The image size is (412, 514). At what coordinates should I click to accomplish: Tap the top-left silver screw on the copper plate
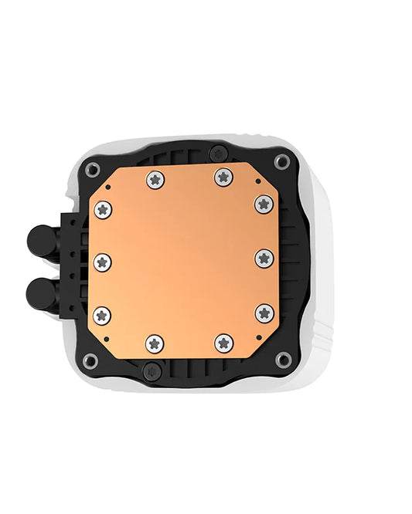click(x=155, y=179)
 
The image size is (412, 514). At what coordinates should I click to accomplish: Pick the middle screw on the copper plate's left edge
click(x=102, y=261)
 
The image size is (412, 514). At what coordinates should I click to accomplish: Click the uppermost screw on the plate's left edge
click(x=102, y=209)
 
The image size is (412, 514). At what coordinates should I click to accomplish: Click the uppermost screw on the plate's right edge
click(x=264, y=204)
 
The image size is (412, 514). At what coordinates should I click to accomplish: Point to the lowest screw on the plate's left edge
click(x=102, y=314)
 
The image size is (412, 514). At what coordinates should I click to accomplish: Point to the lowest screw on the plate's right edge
click(x=264, y=313)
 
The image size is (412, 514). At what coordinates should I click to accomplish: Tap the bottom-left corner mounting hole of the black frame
click(x=91, y=360)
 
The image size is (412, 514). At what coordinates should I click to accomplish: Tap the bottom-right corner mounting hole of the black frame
click(x=284, y=358)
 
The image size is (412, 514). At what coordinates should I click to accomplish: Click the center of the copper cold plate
click(x=183, y=261)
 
